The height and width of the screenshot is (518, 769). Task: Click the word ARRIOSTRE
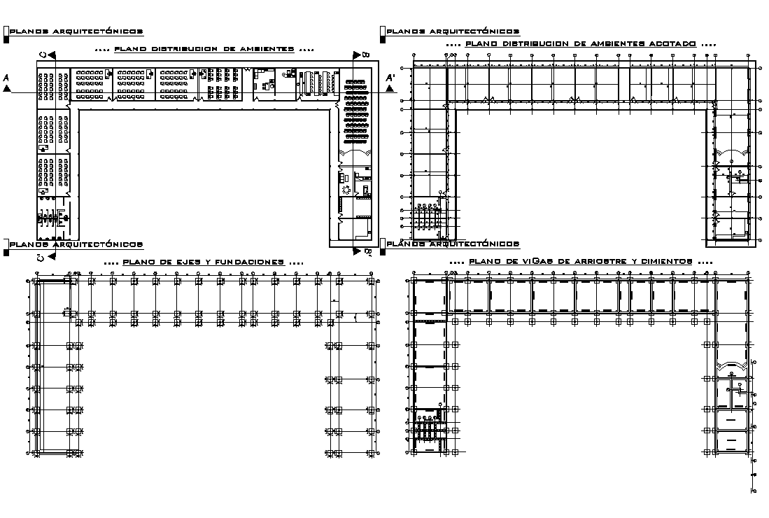[603, 261]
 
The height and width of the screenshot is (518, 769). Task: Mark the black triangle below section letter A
[7, 89]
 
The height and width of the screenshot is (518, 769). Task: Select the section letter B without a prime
[365, 54]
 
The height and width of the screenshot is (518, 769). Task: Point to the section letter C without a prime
[43, 55]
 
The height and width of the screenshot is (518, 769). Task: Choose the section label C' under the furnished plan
[42, 258]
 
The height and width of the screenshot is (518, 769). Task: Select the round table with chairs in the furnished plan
[345, 189]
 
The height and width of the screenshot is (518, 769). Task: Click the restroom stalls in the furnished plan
[51, 218]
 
